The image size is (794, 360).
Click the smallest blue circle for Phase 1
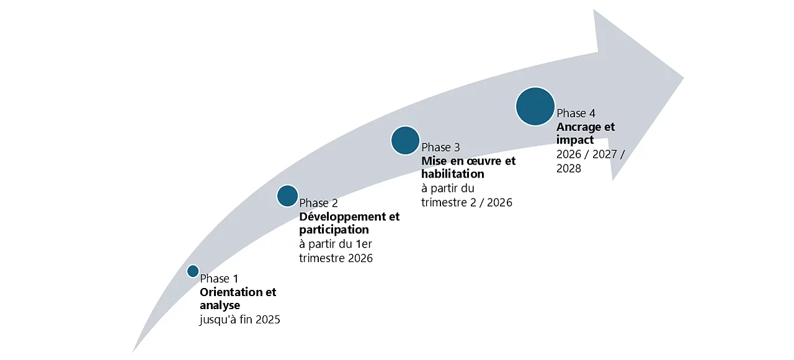click(x=193, y=271)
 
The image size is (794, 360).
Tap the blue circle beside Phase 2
click(x=287, y=196)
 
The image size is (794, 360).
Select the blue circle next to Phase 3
click(x=405, y=140)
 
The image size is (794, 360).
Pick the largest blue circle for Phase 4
click(x=535, y=107)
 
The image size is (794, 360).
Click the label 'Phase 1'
click(x=219, y=279)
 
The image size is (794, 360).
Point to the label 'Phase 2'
click(x=318, y=203)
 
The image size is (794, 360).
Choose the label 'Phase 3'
click(x=440, y=147)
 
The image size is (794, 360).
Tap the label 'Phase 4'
click(x=576, y=114)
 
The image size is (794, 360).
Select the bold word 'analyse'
click(x=220, y=305)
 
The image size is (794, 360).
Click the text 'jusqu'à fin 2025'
click(x=240, y=320)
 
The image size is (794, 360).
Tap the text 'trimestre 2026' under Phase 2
click(x=336, y=258)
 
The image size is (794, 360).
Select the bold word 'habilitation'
click(x=452, y=174)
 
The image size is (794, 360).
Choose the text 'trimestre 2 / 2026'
click(x=466, y=202)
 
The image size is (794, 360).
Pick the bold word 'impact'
click(x=575, y=140)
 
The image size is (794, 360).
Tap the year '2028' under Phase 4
click(x=569, y=168)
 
